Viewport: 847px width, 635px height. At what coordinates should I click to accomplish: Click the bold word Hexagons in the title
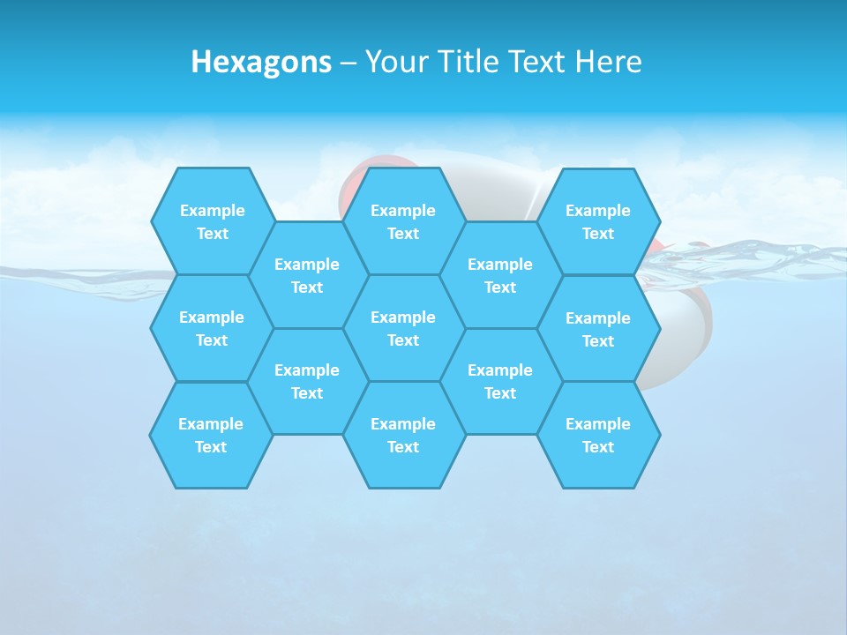pyautogui.click(x=261, y=62)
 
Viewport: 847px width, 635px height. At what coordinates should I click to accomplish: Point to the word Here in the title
pyautogui.click(x=609, y=62)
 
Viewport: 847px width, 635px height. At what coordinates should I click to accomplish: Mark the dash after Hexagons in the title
pyautogui.click(x=349, y=63)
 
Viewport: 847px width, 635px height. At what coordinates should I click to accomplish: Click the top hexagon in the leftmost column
pyautogui.click(x=213, y=221)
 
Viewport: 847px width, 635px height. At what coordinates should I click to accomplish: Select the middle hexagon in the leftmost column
pyautogui.click(x=212, y=328)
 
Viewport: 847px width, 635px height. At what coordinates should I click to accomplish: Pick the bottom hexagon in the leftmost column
pyautogui.click(x=211, y=435)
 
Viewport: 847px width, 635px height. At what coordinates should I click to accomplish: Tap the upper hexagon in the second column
pyautogui.click(x=307, y=275)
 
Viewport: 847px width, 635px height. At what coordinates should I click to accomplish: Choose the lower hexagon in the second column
pyautogui.click(x=307, y=381)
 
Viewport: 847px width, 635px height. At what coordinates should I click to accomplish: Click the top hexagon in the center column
pyautogui.click(x=403, y=221)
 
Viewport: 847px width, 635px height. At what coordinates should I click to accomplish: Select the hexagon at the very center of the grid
pyautogui.click(x=403, y=328)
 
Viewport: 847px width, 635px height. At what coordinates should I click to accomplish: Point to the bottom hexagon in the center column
pyautogui.click(x=403, y=435)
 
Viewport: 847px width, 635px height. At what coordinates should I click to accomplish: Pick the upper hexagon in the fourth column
pyautogui.click(x=500, y=275)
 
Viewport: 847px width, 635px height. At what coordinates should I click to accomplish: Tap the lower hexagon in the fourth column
pyautogui.click(x=500, y=381)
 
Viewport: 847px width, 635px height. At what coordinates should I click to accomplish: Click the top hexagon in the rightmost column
pyautogui.click(x=598, y=221)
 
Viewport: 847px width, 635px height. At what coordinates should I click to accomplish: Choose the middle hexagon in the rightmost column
pyautogui.click(x=598, y=329)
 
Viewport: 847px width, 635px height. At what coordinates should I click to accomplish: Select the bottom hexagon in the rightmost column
pyautogui.click(x=598, y=435)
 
